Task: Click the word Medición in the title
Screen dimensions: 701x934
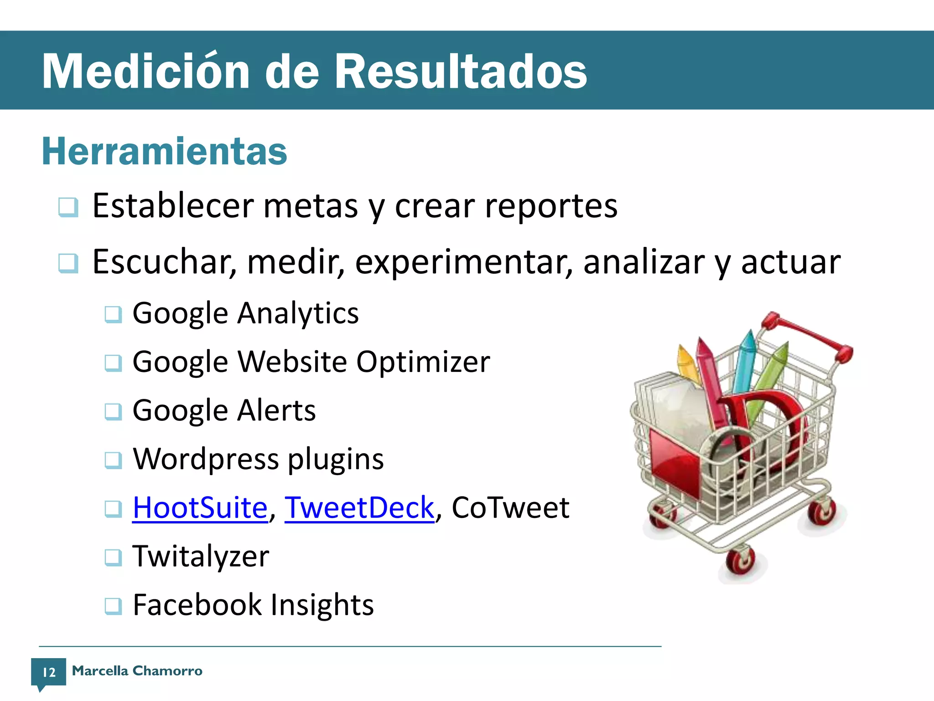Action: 145,71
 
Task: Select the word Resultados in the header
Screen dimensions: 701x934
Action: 461,71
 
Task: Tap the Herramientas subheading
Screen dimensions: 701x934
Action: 164,151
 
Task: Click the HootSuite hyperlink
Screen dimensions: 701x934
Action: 200,507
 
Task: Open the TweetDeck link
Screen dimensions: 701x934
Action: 359,507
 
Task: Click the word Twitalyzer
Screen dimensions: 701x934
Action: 201,556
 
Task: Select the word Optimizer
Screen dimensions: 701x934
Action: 423,362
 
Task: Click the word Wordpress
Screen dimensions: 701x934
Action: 205,459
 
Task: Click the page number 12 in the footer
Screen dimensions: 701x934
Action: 49,672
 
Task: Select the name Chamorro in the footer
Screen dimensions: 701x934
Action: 167,671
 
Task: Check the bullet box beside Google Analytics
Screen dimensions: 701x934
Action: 113,314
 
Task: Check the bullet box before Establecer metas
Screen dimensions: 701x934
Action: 68,207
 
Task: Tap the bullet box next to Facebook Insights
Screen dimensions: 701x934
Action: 113,606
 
